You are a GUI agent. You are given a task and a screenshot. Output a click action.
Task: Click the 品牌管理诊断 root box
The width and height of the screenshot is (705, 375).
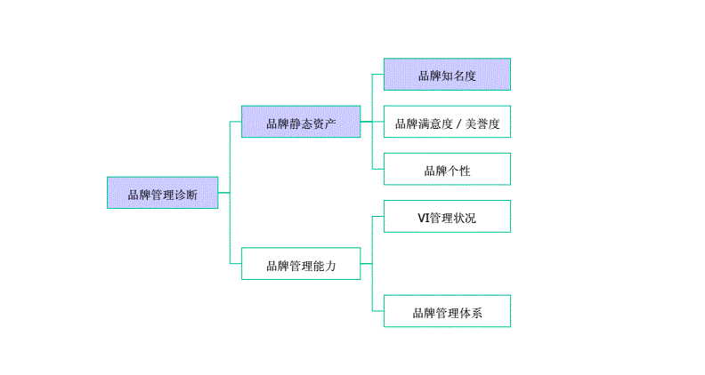[x=162, y=193]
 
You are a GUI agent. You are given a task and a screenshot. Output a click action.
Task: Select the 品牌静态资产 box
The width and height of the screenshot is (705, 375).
[x=301, y=122]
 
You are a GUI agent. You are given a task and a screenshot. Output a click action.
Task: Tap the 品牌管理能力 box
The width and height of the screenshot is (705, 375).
[x=301, y=264]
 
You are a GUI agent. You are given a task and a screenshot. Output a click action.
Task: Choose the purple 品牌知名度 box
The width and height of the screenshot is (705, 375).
[x=447, y=75]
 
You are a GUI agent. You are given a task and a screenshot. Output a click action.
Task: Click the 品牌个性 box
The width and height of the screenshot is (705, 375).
[x=447, y=169]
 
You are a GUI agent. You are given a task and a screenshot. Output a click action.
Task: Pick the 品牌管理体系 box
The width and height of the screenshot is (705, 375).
[x=447, y=311]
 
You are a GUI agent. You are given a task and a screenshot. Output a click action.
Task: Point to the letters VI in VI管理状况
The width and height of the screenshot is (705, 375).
[x=423, y=217]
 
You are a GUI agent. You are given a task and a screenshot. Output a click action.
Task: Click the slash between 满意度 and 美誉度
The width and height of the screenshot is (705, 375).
[x=458, y=123]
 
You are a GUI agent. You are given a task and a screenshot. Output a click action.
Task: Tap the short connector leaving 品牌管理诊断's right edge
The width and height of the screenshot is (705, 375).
[x=223, y=193]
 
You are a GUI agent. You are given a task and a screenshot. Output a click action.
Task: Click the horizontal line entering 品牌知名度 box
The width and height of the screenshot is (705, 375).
[x=377, y=75]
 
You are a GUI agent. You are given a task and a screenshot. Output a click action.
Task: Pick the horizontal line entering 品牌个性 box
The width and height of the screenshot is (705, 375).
[x=377, y=169]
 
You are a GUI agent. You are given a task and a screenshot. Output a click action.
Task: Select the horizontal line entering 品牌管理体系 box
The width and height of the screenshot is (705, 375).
[x=377, y=311]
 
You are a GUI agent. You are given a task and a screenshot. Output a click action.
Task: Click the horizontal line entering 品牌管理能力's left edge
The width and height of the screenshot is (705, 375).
[x=235, y=264]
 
